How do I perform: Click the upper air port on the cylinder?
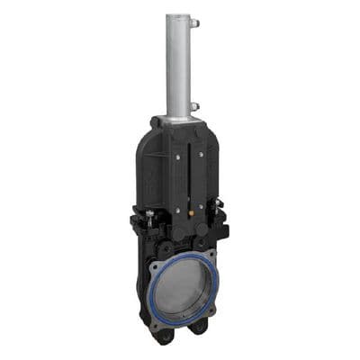[195, 22]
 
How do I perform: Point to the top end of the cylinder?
[178, 17]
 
